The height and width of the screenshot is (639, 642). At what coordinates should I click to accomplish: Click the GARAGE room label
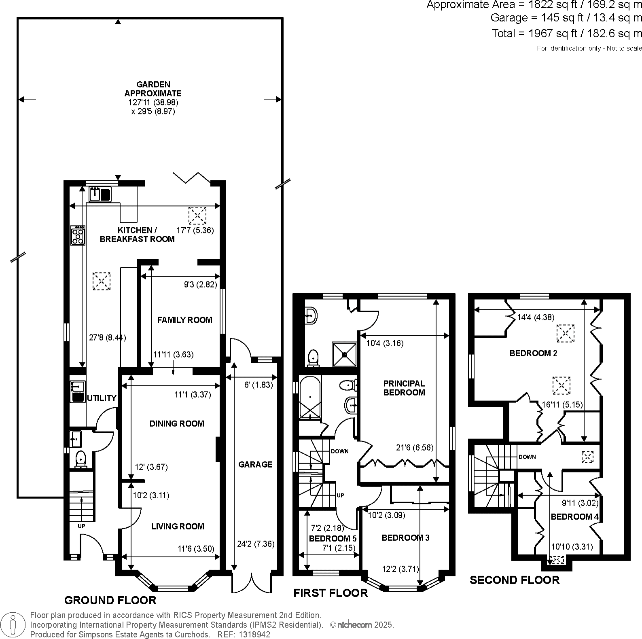click(255, 464)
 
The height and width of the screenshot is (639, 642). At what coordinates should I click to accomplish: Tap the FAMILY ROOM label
click(184, 320)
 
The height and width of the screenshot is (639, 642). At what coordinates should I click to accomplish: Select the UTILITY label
click(102, 398)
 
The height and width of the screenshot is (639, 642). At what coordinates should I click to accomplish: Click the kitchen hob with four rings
click(78, 235)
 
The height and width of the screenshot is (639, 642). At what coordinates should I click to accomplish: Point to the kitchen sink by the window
click(100, 194)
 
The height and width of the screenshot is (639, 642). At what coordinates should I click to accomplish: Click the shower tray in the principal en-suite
click(344, 354)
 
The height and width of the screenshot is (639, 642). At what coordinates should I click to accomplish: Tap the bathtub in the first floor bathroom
click(309, 398)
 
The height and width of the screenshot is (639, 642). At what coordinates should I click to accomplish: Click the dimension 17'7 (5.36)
click(195, 230)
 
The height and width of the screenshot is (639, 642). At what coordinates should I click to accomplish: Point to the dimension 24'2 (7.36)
click(256, 544)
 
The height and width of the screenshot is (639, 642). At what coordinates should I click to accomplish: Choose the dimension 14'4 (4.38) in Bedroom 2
click(536, 317)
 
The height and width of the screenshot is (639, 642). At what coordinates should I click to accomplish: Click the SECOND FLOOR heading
click(514, 580)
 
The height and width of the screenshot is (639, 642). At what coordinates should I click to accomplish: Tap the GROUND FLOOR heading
click(110, 600)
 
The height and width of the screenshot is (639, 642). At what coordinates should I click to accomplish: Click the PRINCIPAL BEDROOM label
click(404, 387)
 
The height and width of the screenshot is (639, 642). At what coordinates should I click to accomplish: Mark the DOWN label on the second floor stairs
click(527, 457)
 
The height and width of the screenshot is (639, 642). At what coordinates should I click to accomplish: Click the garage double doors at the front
click(252, 583)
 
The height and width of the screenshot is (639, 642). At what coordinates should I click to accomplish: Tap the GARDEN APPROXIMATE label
click(153, 89)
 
